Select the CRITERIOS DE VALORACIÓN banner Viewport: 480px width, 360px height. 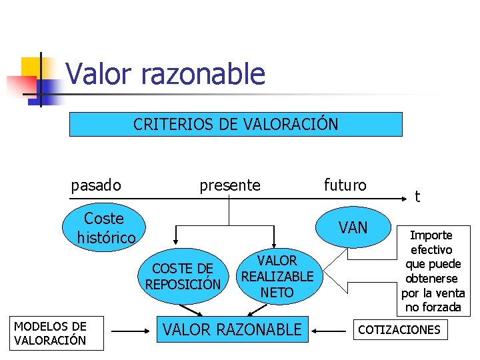235,124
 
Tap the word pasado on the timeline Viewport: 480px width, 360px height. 96,185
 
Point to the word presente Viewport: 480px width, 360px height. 230,185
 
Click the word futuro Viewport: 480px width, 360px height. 345,185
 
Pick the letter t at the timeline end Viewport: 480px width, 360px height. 417,196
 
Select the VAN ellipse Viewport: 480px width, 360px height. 353,228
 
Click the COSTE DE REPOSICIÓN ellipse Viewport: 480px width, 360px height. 183,276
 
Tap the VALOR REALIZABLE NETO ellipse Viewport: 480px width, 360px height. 277,276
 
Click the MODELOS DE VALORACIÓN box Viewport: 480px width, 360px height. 50,333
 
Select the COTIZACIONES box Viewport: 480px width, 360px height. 399,329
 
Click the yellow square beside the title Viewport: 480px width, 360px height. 31,67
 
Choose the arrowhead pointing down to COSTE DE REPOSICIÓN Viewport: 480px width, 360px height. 176,240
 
